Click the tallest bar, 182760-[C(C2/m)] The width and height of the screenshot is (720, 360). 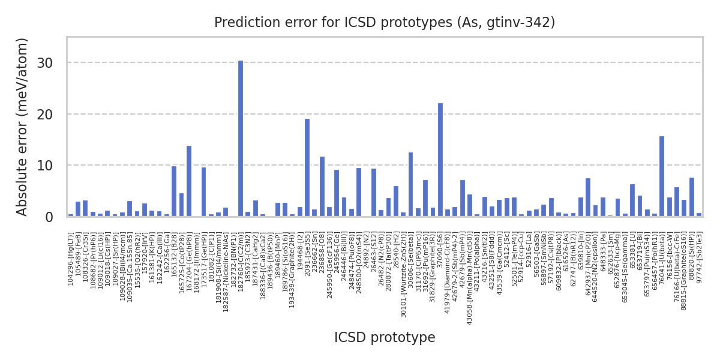pos(241,139)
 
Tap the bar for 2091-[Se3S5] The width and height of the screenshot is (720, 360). pos(307,167)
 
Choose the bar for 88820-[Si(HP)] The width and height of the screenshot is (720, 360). pos(692,197)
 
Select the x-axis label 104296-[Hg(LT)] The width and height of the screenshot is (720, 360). pos(71,259)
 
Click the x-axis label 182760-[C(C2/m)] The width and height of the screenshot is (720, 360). pos(241,262)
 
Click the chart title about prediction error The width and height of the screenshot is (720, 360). pos(385,23)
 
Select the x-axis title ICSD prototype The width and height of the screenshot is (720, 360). pos(385,338)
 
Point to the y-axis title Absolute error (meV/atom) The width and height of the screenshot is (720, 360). pos(23,127)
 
